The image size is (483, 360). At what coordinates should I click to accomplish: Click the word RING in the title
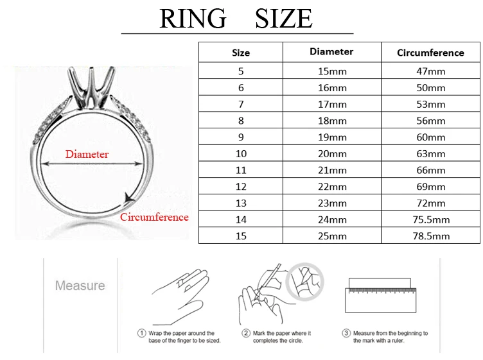193,19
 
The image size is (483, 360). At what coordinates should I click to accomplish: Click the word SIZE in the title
284,19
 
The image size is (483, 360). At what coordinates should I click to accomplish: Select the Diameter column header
331,51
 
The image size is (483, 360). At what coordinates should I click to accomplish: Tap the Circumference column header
430,53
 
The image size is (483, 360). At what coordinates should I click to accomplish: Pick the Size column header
241,53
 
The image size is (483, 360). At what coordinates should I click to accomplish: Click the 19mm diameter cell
332,137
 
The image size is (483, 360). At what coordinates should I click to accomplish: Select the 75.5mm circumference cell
430,219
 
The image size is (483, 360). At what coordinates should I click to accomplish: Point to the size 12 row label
241,187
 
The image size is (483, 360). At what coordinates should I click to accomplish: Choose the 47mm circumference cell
430,71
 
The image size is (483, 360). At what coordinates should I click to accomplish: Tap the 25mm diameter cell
332,236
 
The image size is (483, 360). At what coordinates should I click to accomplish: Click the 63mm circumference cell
430,153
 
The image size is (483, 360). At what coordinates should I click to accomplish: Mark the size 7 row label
241,104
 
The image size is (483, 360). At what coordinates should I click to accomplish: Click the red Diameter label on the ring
87,155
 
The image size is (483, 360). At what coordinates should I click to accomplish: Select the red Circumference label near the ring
154,217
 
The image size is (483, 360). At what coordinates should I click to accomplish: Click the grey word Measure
80,286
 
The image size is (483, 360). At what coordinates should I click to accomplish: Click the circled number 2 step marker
246,333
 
